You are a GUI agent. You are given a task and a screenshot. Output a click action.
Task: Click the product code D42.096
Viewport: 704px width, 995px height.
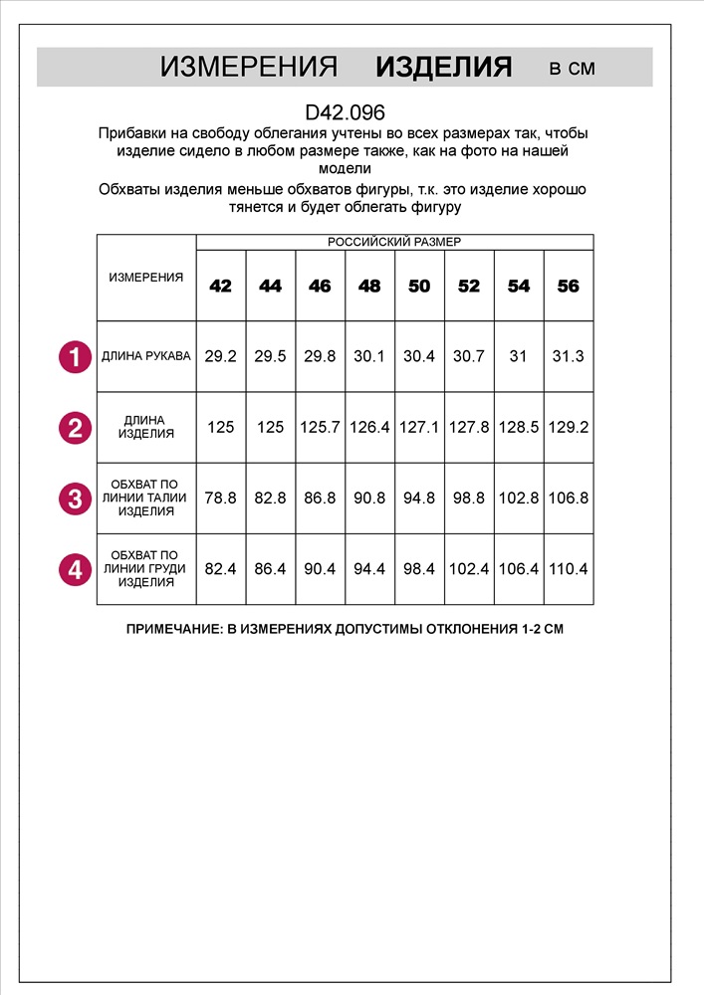[345, 113]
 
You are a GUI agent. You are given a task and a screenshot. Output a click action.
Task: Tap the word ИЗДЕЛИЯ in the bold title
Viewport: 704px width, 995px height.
[443, 68]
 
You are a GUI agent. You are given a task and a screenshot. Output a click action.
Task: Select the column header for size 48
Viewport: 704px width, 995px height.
[369, 286]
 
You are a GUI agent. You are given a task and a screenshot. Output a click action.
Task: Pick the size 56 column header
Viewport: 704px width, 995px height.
[568, 286]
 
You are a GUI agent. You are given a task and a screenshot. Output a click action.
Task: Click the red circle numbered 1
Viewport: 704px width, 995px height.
[75, 356]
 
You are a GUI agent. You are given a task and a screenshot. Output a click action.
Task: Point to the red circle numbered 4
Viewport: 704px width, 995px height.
[75, 570]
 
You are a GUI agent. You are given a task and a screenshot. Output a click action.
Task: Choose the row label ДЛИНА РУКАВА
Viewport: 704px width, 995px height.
[146, 355]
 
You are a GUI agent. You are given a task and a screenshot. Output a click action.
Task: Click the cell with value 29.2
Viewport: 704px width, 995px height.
[220, 356]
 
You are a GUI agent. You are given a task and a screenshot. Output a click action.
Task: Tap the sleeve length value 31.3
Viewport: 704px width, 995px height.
[568, 356]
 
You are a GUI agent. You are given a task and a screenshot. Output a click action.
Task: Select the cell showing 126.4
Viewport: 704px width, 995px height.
[369, 427]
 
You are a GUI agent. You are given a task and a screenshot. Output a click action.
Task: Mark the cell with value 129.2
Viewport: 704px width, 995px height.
[569, 427]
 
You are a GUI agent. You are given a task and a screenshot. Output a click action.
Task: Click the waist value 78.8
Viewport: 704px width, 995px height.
[220, 498]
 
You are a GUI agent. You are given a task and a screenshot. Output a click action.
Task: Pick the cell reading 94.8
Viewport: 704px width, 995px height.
[419, 498]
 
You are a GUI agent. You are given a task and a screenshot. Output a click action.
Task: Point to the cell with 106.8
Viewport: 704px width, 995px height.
[569, 498]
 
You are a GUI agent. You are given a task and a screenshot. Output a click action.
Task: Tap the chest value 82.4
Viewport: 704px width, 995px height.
[220, 570]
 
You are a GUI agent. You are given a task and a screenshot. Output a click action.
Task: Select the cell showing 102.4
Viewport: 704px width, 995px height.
[469, 570]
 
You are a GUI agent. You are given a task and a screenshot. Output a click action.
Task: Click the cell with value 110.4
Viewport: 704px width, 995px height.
[569, 570]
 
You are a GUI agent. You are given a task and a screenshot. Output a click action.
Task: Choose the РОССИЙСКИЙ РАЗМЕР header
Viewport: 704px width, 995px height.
[394, 242]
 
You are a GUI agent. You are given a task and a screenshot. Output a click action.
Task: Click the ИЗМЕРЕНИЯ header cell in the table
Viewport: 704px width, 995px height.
[146, 278]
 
